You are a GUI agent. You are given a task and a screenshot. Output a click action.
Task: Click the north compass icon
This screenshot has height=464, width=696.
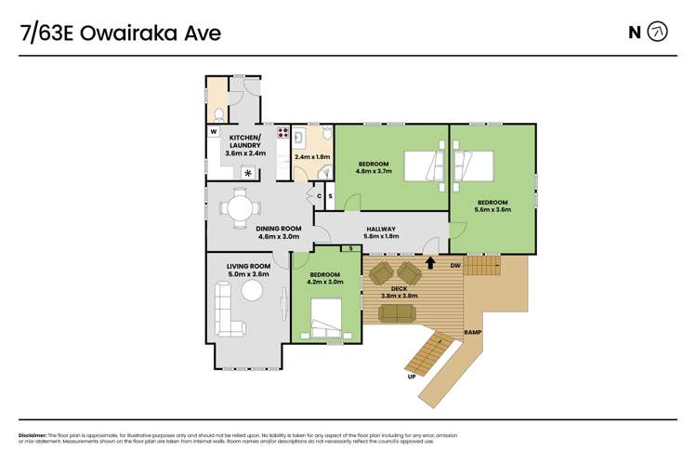click(657, 33)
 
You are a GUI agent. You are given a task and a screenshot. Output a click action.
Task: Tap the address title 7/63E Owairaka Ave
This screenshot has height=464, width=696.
click(121, 33)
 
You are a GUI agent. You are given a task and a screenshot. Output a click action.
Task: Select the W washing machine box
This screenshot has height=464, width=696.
click(213, 131)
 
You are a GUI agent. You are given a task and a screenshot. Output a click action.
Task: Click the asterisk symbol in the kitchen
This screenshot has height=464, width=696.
click(247, 172)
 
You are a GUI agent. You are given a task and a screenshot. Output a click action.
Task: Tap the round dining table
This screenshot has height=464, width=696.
click(241, 205)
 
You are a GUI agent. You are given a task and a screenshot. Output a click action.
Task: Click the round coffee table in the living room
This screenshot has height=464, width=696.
click(253, 291)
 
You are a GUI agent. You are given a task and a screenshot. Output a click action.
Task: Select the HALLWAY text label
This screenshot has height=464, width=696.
click(381, 229)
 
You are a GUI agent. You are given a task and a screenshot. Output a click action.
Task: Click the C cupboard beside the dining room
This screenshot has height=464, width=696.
click(319, 196)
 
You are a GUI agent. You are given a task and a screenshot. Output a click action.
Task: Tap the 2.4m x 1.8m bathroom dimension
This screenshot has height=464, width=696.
click(310, 156)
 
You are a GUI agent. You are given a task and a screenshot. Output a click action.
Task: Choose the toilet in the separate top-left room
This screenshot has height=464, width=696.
click(217, 113)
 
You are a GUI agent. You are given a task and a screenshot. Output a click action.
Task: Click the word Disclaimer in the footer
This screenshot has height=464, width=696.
click(35, 436)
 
